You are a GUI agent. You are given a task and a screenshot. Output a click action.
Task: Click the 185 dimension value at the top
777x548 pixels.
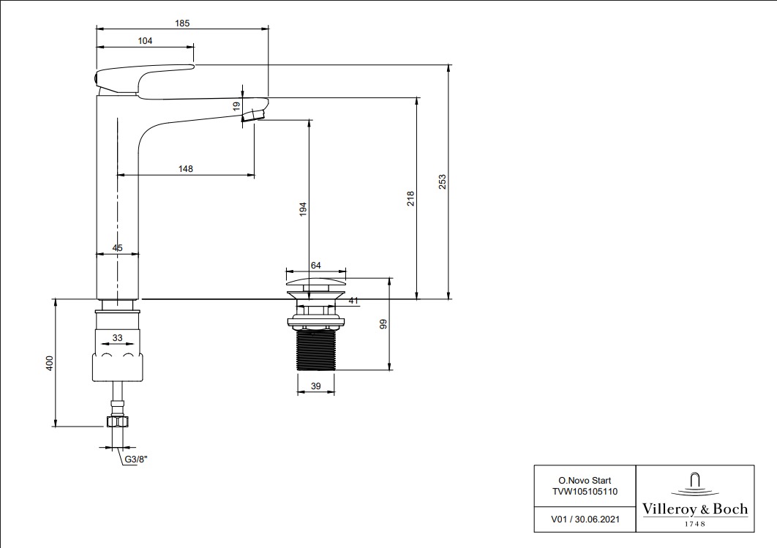(x=182, y=23)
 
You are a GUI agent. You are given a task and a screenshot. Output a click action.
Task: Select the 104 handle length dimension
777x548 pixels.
(x=145, y=41)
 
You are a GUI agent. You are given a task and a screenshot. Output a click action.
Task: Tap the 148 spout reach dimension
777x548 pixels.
(x=186, y=169)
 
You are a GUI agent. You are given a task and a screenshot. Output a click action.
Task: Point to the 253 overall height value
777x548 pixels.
(x=442, y=181)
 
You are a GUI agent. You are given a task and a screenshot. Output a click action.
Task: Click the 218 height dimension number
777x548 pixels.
(x=410, y=198)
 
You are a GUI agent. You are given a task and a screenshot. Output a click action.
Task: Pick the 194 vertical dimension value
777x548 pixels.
(x=303, y=209)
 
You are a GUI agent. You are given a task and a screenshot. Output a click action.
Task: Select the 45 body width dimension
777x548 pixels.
(x=118, y=248)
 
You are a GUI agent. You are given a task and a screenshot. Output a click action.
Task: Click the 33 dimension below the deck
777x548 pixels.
(x=117, y=338)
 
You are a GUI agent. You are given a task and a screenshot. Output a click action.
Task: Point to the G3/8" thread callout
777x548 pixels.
(x=136, y=459)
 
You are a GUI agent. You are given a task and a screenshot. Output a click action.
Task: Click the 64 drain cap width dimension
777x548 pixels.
(x=316, y=266)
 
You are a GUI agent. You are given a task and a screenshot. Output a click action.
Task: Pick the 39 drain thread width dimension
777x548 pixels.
(x=315, y=386)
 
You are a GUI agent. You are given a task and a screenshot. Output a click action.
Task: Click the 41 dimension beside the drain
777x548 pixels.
(x=354, y=300)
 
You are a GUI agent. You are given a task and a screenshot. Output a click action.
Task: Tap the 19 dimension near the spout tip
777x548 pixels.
(x=236, y=106)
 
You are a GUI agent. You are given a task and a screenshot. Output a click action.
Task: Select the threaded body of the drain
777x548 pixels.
(x=315, y=349)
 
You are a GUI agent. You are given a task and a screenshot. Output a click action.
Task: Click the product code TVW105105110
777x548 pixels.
(x=583, y=492)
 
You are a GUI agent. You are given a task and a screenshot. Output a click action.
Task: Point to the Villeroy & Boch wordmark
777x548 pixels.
(x=694, y=508)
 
